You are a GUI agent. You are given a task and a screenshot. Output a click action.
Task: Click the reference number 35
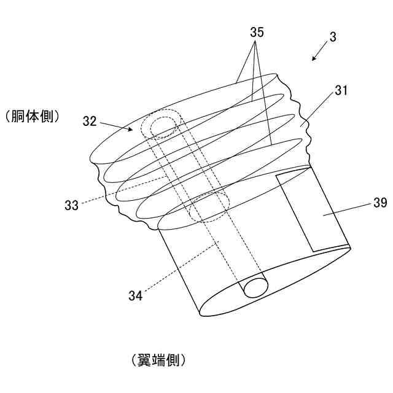(257, 33)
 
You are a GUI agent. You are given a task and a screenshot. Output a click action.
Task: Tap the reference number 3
(332, 36)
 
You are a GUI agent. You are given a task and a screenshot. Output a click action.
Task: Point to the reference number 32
(90, 121)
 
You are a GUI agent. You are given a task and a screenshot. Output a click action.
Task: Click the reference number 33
(71, 205)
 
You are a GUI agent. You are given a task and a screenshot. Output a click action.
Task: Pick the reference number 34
(136, 295)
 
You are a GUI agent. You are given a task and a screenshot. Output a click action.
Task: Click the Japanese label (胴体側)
(31, 115)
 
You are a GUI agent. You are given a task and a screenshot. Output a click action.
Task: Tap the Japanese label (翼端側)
(158, 360)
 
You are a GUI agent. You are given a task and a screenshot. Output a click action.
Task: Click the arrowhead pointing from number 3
(313, 60)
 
